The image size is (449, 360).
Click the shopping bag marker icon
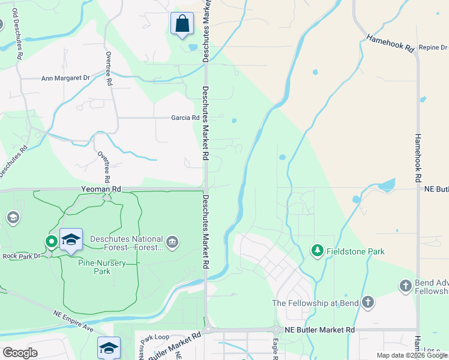pyautogui.click(x=182, y=25)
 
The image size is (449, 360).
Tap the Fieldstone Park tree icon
pyautogui.click(x=317, y=250)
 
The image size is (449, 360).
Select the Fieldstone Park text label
pyautogui.click(x=355, y=251)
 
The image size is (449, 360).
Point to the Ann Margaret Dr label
pyautogui.click(x=65, y=78)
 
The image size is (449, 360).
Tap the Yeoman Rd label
pyautogui.click(x=101, y=189)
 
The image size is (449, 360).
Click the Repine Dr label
pyautogui.click(x=433, y=47)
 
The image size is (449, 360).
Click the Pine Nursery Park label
pyautogui.click(x=94, y=267)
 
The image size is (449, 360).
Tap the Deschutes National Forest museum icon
pyautogui.click(x=173, y=242)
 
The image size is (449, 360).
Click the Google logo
pyautogui.click(x=19, y=353)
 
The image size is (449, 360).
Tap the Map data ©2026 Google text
pyautogui.click(x=411, y=355)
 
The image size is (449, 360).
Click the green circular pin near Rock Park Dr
pyautogui.click(x=51, y=242)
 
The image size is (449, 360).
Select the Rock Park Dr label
pyautogui.click(x=22, y=256)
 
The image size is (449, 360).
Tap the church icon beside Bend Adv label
pyautogui.click(x=406, y=286)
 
